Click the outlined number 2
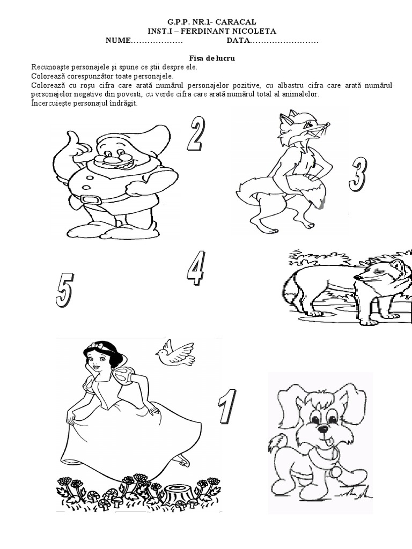click(x=195, y=133)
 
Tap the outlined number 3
click(x=357, y=174)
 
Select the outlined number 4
click(x=195, y=268)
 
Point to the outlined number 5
click(x=65, y=290)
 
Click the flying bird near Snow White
click(x=175, y=353)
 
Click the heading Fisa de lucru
click(x=212, y=58)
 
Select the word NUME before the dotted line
click(x=117, y=41)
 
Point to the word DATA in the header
click(x=238, y=41)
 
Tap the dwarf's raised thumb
click(x=75, y=138)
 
